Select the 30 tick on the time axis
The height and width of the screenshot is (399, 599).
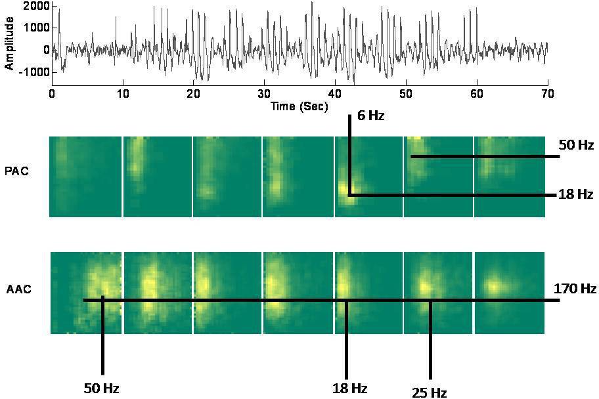click(x=263, y=94)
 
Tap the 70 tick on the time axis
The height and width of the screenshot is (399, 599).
click(x=547, y=94)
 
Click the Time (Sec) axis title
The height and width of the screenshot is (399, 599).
click(x=299, y=106)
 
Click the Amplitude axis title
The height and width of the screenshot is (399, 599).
click(x=9, y=44)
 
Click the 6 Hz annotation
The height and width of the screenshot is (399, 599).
click(x=371, y=117)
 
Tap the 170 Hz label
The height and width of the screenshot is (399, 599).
click(x=575, y=288)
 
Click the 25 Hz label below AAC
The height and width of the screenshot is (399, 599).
click(x=430, y=392)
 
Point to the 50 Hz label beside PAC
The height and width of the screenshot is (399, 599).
click(x=576, y=145)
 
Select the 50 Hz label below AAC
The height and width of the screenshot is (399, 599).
click(x=101, y=388)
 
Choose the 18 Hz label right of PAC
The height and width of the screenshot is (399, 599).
click(x=576, y=194)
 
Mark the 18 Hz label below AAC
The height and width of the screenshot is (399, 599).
click(x=349, y=388)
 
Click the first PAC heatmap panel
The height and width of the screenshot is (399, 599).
click(x=85, y=177)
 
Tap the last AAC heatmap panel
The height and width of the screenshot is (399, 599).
click(x=510, y=293)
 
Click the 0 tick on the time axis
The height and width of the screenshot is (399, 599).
click(x=52, y=94)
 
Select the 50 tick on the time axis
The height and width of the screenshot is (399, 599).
click(x=405, y=94)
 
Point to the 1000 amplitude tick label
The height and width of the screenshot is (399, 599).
click(x=33, y=28)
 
